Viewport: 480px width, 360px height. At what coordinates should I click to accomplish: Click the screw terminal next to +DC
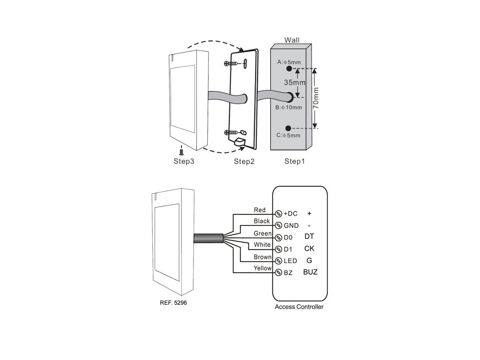click(x=278, y=214)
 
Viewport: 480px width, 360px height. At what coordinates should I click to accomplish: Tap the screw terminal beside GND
click(x=278, y=225)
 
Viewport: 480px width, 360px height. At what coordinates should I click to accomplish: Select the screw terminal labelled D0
click(x=278, y=237)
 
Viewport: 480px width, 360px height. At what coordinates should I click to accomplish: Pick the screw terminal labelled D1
click(x=278, y=249)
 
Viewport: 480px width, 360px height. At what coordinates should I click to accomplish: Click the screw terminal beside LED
click(x=278, y=261)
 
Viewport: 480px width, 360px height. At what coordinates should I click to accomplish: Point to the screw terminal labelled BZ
click(x=278, y=272)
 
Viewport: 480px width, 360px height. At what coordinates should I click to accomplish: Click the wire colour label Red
click(x=260, y=210)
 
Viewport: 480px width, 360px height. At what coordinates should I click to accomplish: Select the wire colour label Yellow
click(x=262, y=268)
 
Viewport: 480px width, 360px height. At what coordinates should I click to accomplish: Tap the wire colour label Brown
click(x=262, y=257)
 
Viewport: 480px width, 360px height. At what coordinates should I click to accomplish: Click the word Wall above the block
click(x=292, y=41)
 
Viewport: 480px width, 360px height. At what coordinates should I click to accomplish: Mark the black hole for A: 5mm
click(x=289, y=68)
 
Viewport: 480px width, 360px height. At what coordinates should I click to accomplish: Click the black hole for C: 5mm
click(x=289, y=128)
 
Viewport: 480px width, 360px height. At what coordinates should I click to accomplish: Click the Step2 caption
click(x=244, y=162)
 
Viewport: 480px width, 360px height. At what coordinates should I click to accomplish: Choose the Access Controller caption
click(x=299, y=307)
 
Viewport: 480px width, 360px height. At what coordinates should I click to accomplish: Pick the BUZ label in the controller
click(x=310, y=272)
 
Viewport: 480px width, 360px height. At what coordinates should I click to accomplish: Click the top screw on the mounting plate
click(x=229, y=64)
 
